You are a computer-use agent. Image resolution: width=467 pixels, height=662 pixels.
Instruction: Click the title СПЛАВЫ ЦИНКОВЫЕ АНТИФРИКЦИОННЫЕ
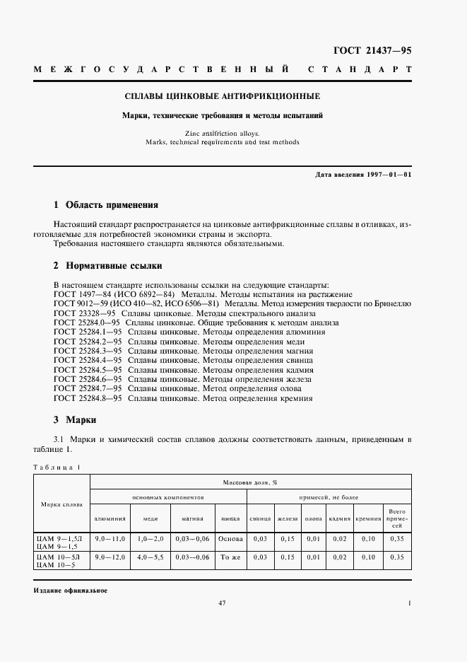[222, 95]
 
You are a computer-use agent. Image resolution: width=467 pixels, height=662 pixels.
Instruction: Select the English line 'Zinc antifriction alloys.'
[222, 132]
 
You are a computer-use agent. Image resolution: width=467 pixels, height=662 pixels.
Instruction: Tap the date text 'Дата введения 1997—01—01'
[363, 174]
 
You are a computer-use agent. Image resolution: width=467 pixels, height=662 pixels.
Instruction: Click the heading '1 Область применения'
[106, 205]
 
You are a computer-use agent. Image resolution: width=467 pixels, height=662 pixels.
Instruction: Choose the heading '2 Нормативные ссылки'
[108, 266]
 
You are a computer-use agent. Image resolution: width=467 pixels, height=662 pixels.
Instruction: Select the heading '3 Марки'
[78, 419]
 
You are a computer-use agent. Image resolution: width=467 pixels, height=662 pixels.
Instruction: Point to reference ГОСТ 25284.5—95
[89, 369]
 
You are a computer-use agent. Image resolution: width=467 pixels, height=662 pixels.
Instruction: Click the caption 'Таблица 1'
[57, 465]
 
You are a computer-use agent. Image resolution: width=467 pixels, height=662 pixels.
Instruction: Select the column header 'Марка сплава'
[62, 504]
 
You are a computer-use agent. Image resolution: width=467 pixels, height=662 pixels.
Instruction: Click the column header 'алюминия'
[110, 518]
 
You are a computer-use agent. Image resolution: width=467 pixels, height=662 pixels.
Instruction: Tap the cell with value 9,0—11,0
[110, 538]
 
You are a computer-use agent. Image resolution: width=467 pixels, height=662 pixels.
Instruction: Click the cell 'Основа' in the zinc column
[230, 538]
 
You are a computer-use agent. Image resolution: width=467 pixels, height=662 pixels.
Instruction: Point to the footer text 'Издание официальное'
[70, 590]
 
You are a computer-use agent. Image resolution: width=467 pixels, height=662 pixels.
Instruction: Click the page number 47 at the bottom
[222, 603]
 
